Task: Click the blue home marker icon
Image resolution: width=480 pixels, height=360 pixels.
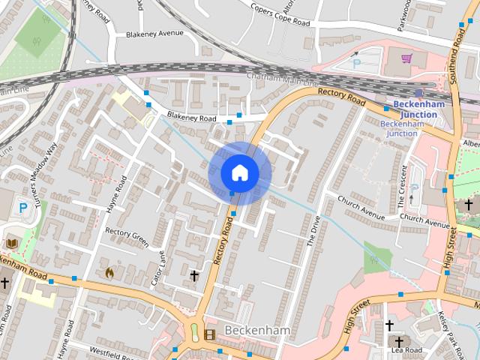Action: pyautogui.click(x=239, y=172)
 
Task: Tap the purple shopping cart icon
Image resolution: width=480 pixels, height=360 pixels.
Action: pyautogui.click(x=406, y=58)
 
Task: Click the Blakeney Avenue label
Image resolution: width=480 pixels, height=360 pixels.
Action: pyautogui.click(x=154, y=34)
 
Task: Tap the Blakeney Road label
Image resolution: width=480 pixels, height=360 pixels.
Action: pyautogui.click(x=191, y=118)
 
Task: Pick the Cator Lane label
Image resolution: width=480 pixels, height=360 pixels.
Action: pyautogui.click(x=160, y=266)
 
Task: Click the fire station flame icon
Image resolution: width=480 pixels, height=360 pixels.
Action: pyautogui.click(x=110, y=273)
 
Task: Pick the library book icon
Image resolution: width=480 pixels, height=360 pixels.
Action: pyautogui.click(x=12, y=243)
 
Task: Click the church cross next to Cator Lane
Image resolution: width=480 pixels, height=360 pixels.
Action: pyautogui.click(x=194, y=276)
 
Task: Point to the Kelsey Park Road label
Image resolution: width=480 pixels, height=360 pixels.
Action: pyautogui.click(x=453, y=330)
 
